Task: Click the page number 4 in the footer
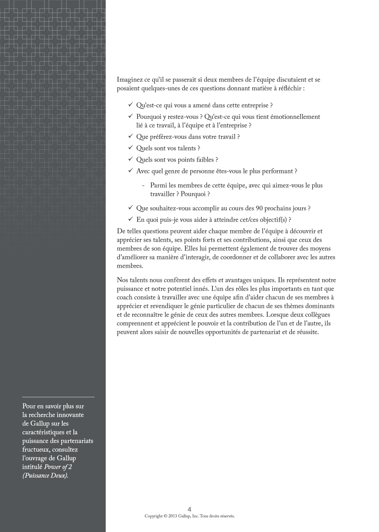(189, 509)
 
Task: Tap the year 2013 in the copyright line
(173, 516)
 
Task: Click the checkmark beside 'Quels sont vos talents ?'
(130, 148)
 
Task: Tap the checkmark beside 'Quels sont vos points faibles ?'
(130, 159)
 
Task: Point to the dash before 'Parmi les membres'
(143, 186)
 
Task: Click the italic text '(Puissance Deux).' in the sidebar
(45, 476)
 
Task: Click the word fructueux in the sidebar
(34, 450)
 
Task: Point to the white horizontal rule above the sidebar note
(58, 397)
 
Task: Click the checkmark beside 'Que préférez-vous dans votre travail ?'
(130, 136)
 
